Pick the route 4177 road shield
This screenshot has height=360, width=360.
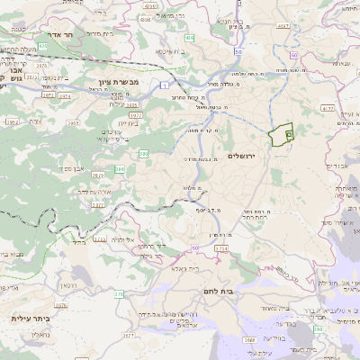click(x=327, y=108)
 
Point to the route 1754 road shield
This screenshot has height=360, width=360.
click(x=221, y=247)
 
